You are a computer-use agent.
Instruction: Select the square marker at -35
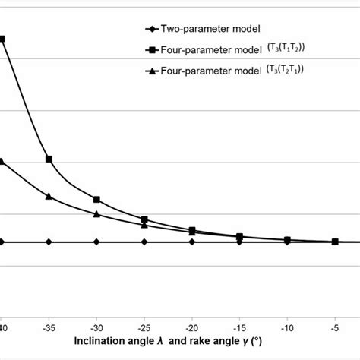(49, 159)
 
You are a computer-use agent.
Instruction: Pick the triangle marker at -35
(49, 196)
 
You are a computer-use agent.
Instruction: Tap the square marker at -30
(96, 199)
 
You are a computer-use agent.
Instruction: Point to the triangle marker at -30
(96, 214)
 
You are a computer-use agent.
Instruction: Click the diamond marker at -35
(49, 242)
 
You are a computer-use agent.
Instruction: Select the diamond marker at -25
(144, 242)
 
